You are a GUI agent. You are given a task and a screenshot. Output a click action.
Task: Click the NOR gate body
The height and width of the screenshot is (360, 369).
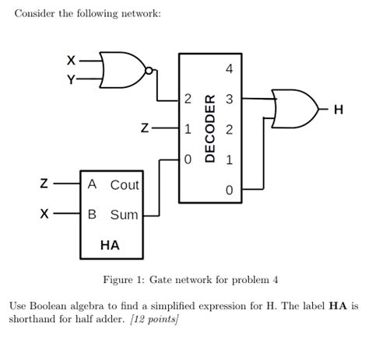click(x=125, y=70)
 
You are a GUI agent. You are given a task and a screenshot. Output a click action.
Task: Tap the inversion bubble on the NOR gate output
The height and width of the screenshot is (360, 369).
click(x=153, y=72)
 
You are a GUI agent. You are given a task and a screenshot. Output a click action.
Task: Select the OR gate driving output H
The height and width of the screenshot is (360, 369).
click(x=293, y=108)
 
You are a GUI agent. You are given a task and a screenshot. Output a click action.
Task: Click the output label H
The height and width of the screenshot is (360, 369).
click(x=337, y=110)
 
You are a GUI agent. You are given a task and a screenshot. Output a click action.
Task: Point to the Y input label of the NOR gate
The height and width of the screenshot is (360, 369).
click(x=72, y=79)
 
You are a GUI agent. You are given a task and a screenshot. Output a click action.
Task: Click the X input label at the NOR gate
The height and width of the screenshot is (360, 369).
click(x=72, y=60)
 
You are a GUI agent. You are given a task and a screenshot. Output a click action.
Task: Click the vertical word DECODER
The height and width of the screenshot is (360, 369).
click(x=209, y=129)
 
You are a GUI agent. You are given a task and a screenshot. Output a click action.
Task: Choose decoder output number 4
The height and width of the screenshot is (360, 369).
click(x=229, y=69)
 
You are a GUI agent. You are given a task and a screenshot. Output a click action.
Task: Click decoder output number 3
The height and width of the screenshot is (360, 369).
click(x=229, y=100)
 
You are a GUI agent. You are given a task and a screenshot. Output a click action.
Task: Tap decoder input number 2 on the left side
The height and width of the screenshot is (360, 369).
click(x=187, y=100)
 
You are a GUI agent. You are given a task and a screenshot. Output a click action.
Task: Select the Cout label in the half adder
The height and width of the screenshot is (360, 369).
click(x=125, y=185)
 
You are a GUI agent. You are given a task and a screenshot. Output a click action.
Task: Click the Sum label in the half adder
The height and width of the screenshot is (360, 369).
click(x=125, y=214)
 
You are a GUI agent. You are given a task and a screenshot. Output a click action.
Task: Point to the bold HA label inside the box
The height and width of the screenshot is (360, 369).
click(x=110, y=245)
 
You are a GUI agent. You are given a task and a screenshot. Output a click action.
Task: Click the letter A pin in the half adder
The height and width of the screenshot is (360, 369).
click(x=93, y=185)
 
